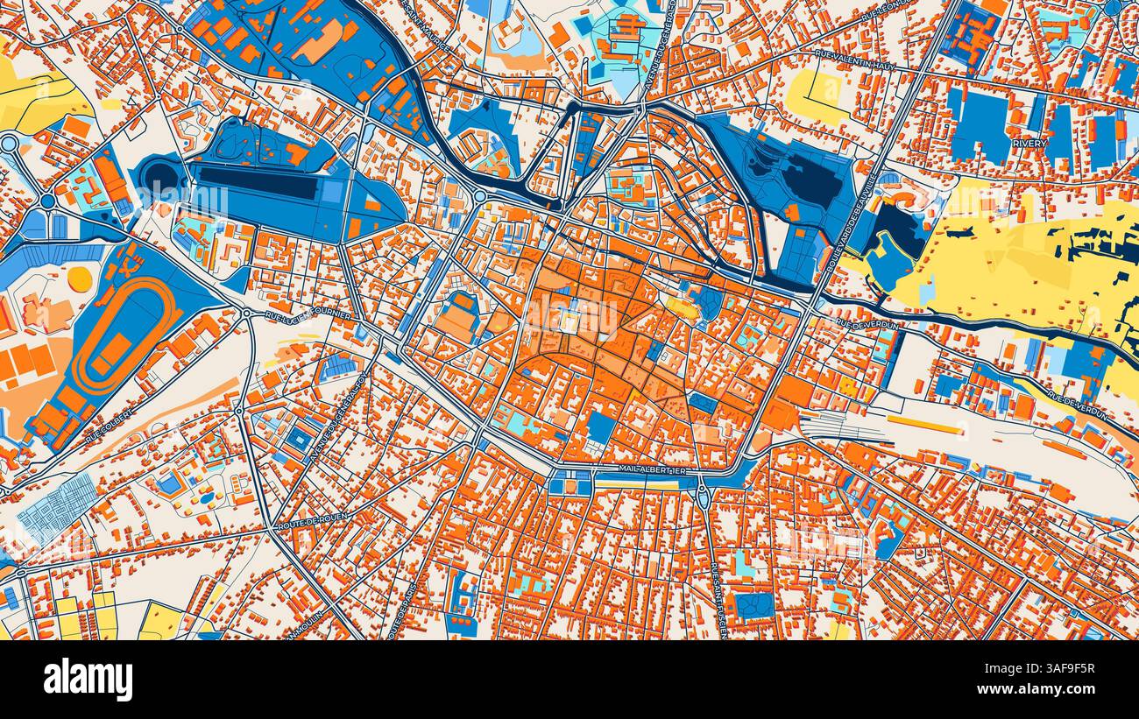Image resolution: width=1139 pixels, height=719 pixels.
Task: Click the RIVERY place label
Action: tap(1029, 143)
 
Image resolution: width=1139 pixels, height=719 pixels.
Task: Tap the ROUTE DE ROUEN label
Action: tap(313, 522)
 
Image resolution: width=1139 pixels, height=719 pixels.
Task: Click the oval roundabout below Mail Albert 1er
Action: tap(701, 497)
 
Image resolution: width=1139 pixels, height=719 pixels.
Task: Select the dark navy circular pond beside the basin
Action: tap(160, 178)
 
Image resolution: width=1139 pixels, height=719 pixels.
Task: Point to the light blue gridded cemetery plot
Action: tap(57, 509)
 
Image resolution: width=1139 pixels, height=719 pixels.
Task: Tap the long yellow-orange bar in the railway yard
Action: tap(924, 425)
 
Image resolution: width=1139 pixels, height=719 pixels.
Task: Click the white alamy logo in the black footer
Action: tap(88, 680)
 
